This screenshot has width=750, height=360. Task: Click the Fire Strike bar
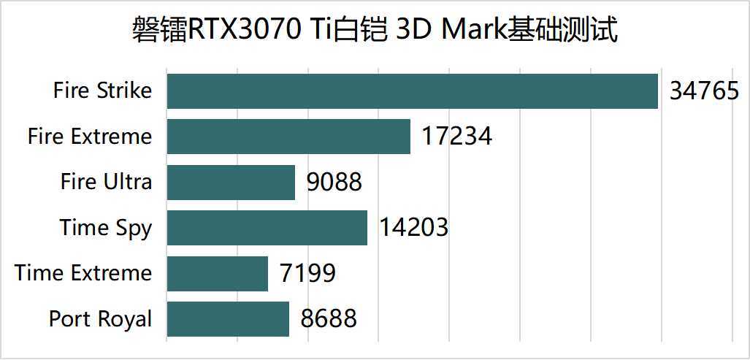tap(412, 91)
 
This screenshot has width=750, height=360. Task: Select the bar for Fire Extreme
tap(288, 137)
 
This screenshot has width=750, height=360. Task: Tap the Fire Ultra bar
tap(231, 182)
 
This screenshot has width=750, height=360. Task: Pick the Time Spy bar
tap(267, 228)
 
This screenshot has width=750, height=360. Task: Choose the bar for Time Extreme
tap(218, 273)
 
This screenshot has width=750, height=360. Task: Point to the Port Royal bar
tap(228, 319)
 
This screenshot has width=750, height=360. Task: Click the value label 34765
tap(704, 92)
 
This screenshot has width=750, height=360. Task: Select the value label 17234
tap(456, 137)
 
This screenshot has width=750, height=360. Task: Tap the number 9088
tap(334, 183)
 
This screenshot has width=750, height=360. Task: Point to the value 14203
tap(413, 228)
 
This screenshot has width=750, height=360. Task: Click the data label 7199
tap(307, 274)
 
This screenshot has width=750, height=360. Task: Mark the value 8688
tap(329, 319)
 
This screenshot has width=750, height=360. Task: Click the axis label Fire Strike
tap(103, 91)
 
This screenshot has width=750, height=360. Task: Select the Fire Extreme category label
tap(90, 137)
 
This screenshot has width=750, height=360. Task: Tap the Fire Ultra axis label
tap(107, 182)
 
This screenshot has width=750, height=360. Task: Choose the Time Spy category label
tap(106, 229)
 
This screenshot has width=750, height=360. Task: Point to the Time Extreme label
tap(83, 273)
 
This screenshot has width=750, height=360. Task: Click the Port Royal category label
tap(101, 319)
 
